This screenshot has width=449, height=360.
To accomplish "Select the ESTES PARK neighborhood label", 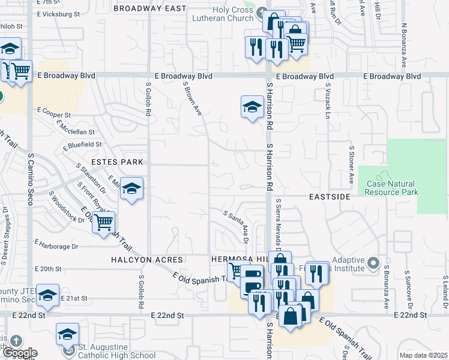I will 118,162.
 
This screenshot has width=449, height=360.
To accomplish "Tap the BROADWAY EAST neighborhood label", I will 149,8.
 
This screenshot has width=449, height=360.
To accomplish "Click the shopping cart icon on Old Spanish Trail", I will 104,222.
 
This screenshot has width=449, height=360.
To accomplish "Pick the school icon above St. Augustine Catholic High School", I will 68,334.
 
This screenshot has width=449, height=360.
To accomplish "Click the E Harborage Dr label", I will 57,245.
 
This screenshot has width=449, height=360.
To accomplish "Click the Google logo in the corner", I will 19,353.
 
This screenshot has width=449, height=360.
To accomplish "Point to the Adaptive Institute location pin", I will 373,263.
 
